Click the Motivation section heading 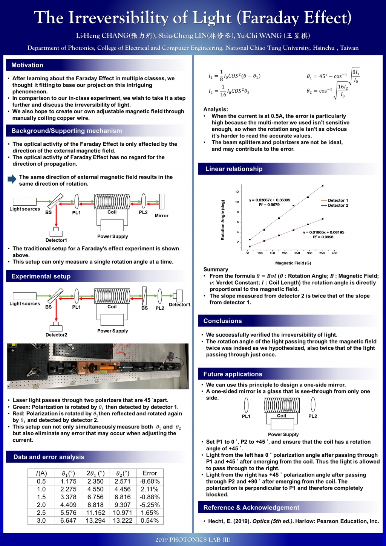[x=27, y=65]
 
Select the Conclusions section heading [x=222, y=321]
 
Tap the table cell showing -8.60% [x=150, y=481]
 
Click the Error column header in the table [x=150, y=473]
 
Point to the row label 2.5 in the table [x=41, y=512]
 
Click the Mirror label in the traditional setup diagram [x=161, y=216]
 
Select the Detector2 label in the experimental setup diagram [x=56, y=335]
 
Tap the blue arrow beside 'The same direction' [x=12, y=179]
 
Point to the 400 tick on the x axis [x=334, y=253]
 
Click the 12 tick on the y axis [x=237, y=192]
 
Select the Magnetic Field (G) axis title [x=293, y=263]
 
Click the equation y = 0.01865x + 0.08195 [x=323, y=232]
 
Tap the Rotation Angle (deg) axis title [x=223, y=220]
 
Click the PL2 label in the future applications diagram [x=312, y=416]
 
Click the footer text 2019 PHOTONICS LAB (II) [x=193, y=540]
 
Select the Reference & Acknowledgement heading [x=251, y=508]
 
